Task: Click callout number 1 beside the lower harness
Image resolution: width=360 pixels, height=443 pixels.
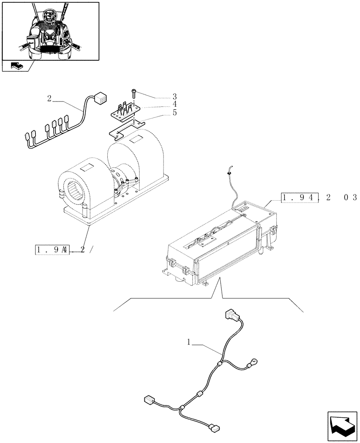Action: click(189, 342)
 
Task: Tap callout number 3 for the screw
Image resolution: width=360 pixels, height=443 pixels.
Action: click(175, 97)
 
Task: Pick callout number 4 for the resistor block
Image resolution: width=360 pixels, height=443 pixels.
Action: click(175, 105)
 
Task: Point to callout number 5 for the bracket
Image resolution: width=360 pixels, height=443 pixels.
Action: click(175, 113)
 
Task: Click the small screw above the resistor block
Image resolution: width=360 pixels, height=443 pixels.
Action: click(133, 93)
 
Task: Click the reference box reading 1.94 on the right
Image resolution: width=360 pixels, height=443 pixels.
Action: click(300, 198)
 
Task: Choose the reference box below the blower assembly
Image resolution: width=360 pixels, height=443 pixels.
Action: click(52, 250)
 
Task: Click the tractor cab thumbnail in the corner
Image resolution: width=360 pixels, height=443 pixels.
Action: click(51, 31)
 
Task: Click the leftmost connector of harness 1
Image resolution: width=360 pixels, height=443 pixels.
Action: click(149, 400)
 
